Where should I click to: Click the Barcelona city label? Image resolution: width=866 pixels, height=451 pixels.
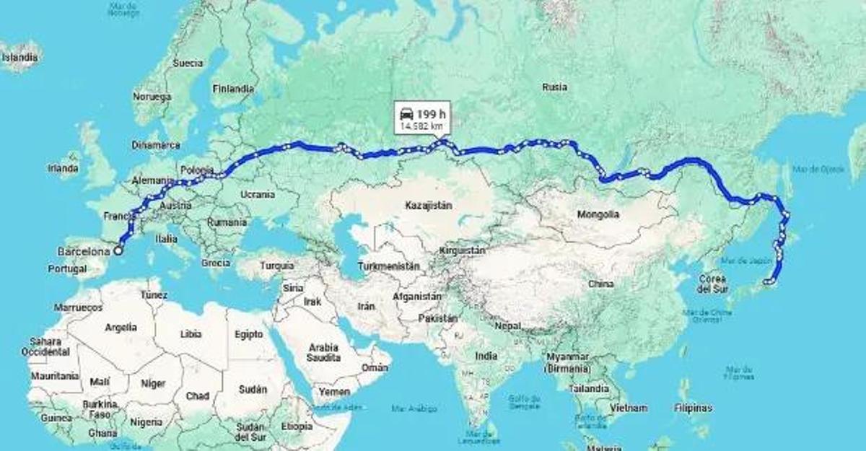pos(84,252)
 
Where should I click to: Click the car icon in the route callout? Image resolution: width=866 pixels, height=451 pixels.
pos(407,114)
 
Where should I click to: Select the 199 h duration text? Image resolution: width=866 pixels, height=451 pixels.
pos(431,114)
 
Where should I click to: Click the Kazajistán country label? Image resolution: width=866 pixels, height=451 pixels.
pos(429,205)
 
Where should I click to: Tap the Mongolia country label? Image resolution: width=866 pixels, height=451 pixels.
pos(598,214)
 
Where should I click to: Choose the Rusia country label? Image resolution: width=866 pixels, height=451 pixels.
pos(554,87)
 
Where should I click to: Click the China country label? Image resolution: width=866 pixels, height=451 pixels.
pos(600,284)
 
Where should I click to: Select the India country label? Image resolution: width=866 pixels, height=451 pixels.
pos(486,356)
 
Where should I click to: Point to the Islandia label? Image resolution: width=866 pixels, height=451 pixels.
pos(20,57)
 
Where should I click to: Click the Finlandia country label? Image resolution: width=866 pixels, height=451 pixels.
pos(233,89)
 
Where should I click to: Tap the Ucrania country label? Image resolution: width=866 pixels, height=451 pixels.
pos(258,194)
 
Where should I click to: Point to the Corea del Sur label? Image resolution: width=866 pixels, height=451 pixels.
pos(712,284)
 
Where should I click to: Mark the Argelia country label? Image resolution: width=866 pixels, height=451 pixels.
pos(121,327)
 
